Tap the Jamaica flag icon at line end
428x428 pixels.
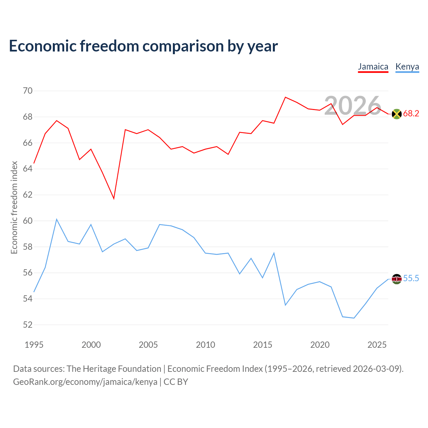coord(397,114)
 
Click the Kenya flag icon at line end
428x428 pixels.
coord(397,279)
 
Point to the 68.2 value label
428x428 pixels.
coord(411,113)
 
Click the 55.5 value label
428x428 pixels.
coord(411,278)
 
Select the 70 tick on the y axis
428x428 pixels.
coord(28,91)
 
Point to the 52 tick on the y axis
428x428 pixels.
coord(28,325)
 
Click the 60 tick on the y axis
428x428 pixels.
coord(28,221)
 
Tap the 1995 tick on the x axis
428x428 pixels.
coord(34,345)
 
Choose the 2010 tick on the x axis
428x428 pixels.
coord(205,345)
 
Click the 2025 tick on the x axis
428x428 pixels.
coord(377,345)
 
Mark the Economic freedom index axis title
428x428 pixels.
coord(14,207)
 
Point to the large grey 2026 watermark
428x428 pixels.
coord(353,106)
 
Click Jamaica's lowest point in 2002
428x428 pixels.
coord(114,199)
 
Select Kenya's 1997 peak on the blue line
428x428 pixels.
coord(57,219)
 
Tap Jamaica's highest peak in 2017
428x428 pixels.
coord(286,97)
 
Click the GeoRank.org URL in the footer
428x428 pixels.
coord(85,382)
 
